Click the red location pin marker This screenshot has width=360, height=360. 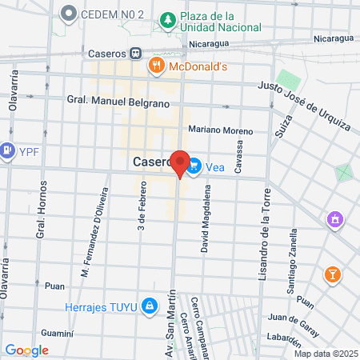point(180,162)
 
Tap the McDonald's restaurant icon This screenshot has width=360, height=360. point(157,66)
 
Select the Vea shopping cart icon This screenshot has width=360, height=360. point(194,166)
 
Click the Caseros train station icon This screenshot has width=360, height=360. point(137,54)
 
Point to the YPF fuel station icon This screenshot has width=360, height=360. point(7,150)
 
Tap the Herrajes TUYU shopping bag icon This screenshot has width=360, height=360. point(149,306)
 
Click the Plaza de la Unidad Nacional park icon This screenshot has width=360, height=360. point(168,18)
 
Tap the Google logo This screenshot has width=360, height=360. point(26,350)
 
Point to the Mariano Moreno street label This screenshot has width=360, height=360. point(221,130)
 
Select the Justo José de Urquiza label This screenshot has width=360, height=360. point(304,106)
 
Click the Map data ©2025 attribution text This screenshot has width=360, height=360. point(325,354)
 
